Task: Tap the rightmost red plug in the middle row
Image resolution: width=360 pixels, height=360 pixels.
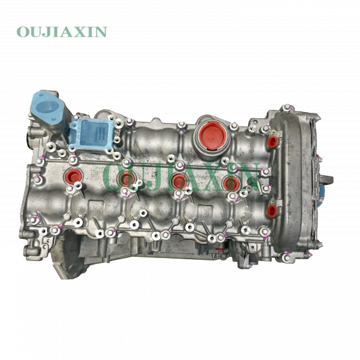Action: point(230,182)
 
